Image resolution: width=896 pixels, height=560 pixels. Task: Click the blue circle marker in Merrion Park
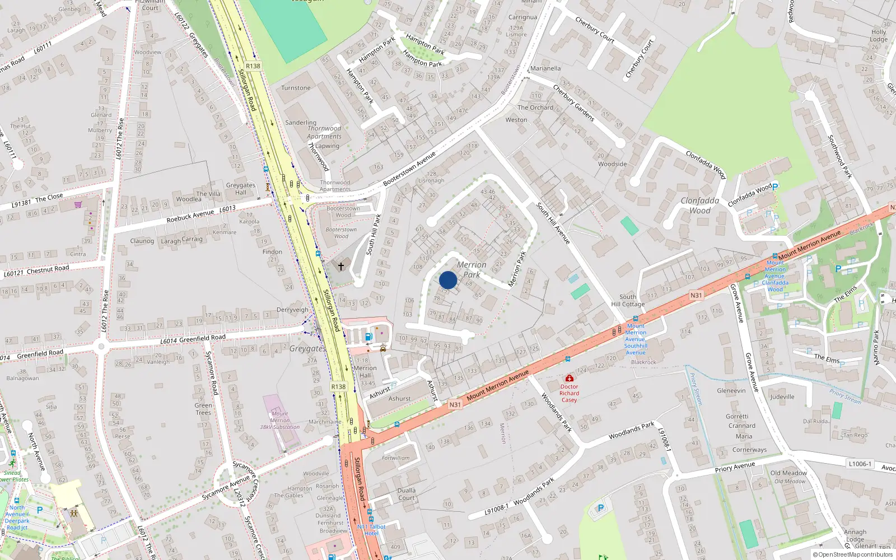[448, 280]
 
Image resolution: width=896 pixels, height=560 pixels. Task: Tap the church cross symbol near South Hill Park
[340, 267]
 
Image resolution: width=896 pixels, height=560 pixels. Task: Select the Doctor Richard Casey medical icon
[570, 378]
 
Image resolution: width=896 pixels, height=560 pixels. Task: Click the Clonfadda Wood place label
[700, 206]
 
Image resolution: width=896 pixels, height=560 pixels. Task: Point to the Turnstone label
[296, 88]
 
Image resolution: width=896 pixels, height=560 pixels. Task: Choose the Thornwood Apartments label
[324, 132]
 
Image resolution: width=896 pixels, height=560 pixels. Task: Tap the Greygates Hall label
[241, 189]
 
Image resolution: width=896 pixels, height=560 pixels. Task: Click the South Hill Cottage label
[628, 301]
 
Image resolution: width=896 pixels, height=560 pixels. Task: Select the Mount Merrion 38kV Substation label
[280, 420]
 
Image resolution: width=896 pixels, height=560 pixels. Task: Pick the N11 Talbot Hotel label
[371, 530]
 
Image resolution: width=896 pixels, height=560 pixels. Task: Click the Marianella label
[545, 68]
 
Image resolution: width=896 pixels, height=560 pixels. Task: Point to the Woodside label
[612, 164]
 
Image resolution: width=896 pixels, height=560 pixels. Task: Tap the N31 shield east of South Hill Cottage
[696, 295]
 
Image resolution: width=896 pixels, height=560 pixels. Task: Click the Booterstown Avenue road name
[409, 169]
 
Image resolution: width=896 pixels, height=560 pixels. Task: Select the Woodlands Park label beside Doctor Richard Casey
[556, 412]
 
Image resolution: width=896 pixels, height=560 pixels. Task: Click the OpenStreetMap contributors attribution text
[852, 555]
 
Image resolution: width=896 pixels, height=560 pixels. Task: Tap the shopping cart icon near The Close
[78, 204]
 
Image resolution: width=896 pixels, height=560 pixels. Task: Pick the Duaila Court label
[407, 494]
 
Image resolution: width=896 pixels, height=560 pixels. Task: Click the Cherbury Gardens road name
[573, 103]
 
